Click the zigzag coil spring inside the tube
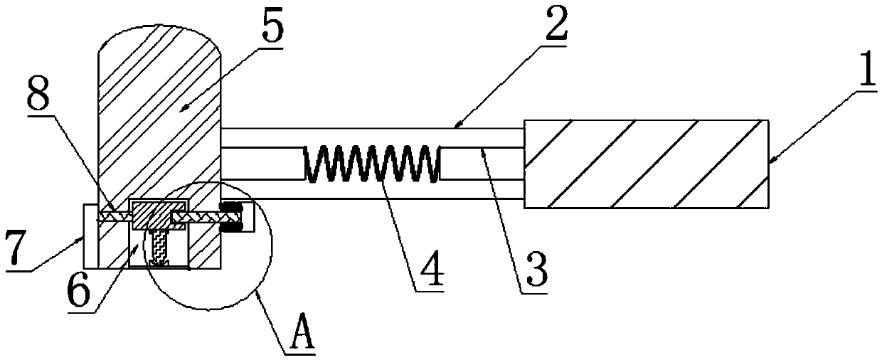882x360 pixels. (370, 162)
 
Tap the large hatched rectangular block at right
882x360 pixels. (646, 164)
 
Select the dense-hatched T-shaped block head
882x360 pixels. (158, 213)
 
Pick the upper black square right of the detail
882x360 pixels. (230, 207)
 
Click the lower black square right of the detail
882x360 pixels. (230, 228)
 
